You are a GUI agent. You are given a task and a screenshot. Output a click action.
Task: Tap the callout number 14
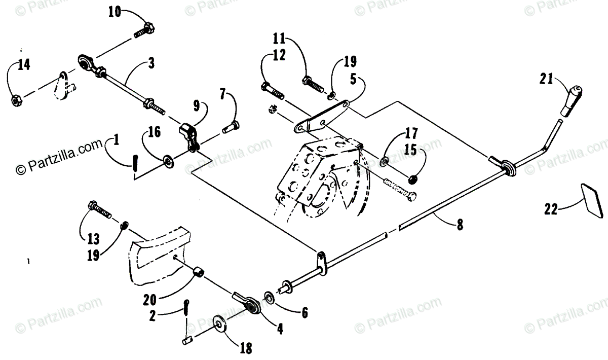(x=24, y=65)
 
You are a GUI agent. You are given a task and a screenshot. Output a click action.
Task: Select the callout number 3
(x=151, y=63)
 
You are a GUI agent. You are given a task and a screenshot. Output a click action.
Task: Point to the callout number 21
(x=547, y=79)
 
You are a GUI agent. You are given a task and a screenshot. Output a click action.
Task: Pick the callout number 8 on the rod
(x=460, y=226)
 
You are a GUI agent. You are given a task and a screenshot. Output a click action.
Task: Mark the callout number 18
(x=245, y=349)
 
